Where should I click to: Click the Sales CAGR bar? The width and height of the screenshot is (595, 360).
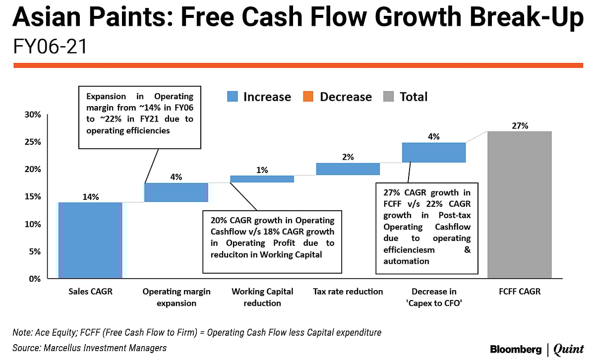[x=90, y=240]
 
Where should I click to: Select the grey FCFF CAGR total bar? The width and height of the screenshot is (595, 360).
[x=519, y=204]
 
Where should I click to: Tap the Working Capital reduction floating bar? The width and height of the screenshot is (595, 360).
[x=262, y=179]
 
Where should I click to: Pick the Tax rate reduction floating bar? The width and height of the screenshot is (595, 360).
[x=348, y=169]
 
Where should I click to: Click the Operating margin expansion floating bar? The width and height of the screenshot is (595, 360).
[x=176, y=192]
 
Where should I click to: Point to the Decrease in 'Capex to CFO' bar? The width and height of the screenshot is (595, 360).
[x=434, y=152]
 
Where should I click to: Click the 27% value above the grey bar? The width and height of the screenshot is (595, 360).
[x=520, y=126]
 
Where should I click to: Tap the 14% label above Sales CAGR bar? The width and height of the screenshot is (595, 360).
[x=90, y=197]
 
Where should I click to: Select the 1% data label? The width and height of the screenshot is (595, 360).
[x=262, y=170]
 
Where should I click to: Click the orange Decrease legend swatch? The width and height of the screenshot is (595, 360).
[x=307, y=97]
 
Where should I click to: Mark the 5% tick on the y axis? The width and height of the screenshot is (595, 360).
[x=35, y=251]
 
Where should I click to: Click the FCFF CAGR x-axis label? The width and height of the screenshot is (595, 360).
[x=520, y=292]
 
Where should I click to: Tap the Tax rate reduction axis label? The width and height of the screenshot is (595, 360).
[x=348, y=292]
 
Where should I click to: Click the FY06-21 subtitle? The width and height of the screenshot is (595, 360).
[x=50, y=47]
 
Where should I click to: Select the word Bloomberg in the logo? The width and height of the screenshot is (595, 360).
[x=516, y=349]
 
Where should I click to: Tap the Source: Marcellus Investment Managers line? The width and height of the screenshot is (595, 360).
[x=89, y=348]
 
